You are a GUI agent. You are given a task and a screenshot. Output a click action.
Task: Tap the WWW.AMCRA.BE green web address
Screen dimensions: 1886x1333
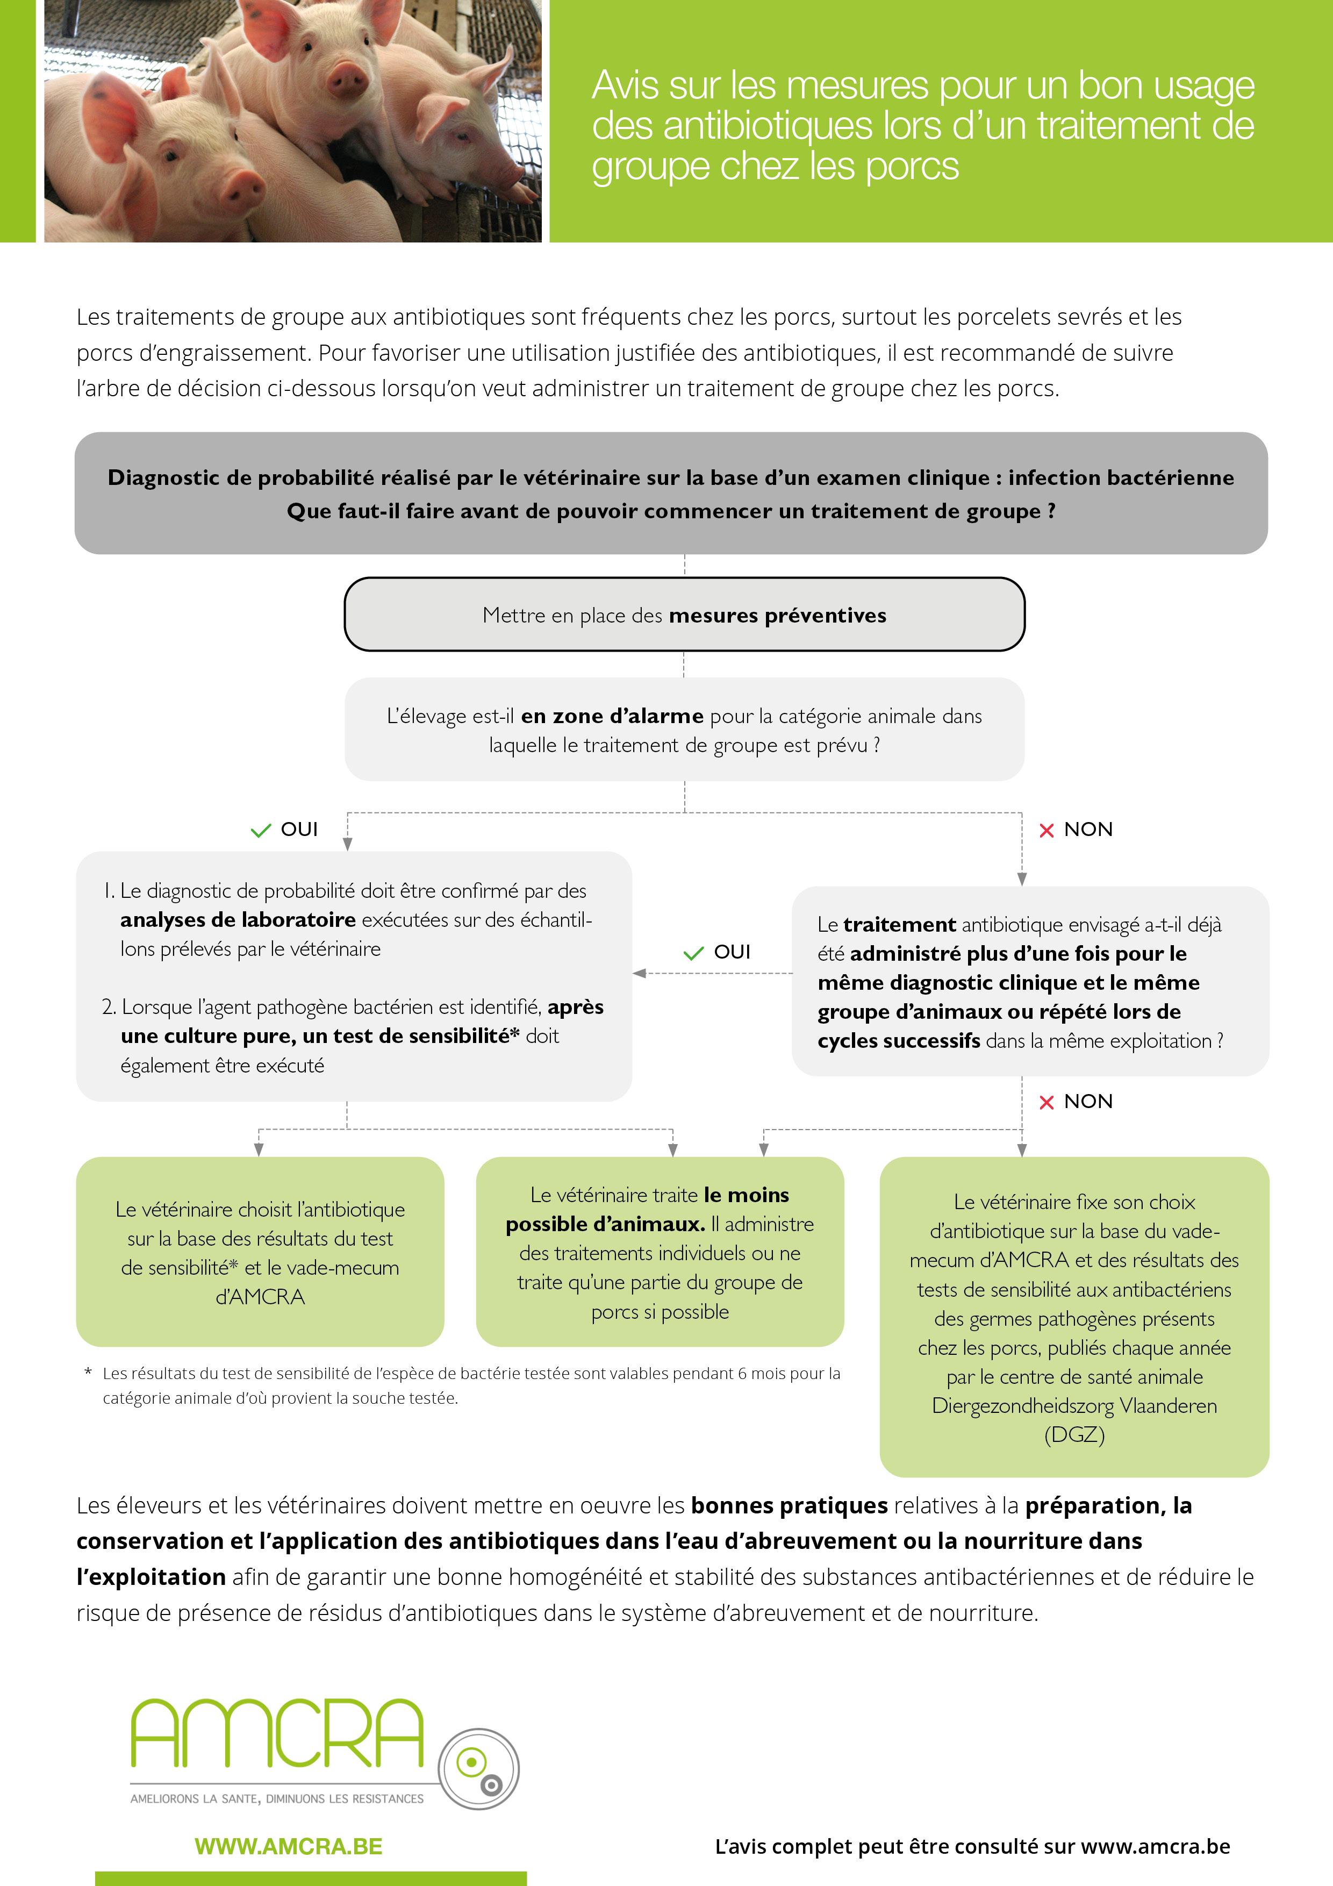[288, 1847]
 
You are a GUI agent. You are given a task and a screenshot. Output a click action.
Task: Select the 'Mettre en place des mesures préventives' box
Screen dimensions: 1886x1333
[684, 615]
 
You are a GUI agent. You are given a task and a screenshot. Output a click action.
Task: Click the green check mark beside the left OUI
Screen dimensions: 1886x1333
[260, 831]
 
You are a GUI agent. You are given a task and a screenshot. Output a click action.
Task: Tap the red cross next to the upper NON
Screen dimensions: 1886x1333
[1047, 831]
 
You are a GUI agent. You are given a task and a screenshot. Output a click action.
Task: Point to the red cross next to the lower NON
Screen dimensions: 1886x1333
[1047, 1102]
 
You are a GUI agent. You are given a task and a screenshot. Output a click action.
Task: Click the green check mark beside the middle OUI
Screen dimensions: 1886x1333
[693, 953]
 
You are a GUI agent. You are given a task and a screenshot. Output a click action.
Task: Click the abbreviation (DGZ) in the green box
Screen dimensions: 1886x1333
[1074, 1434]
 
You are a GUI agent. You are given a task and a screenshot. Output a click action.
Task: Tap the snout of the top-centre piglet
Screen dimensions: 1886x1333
[347, 80]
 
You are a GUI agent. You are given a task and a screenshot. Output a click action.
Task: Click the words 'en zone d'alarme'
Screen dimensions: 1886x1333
[612, 716]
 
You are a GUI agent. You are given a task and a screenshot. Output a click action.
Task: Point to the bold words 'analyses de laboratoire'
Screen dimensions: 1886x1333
[238, 920]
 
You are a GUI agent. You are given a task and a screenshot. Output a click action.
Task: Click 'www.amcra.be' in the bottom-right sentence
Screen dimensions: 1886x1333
[1155, 1847]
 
